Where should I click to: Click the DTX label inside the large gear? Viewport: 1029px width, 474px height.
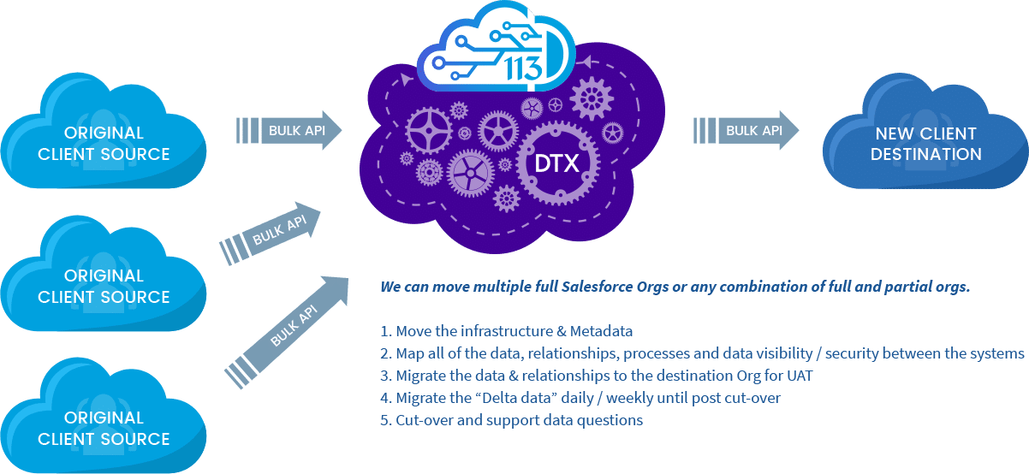[x=556, y=163]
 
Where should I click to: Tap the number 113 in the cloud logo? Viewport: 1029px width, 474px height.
[x=524, y=68]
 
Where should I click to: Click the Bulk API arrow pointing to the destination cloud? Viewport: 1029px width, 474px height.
[x=746, y=130]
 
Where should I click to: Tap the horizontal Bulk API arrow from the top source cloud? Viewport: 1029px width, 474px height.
[x=289, y=130]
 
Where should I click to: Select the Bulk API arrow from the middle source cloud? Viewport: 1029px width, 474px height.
[x=271, y=234]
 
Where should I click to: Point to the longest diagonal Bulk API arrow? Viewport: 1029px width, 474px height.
[x=287, y=332]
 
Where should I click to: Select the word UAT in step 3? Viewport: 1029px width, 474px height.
[x=800, y=376]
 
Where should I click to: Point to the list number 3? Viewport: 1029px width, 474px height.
[x=385, y=376]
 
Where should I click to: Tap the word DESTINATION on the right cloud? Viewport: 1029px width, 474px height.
[x=926, y=154]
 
